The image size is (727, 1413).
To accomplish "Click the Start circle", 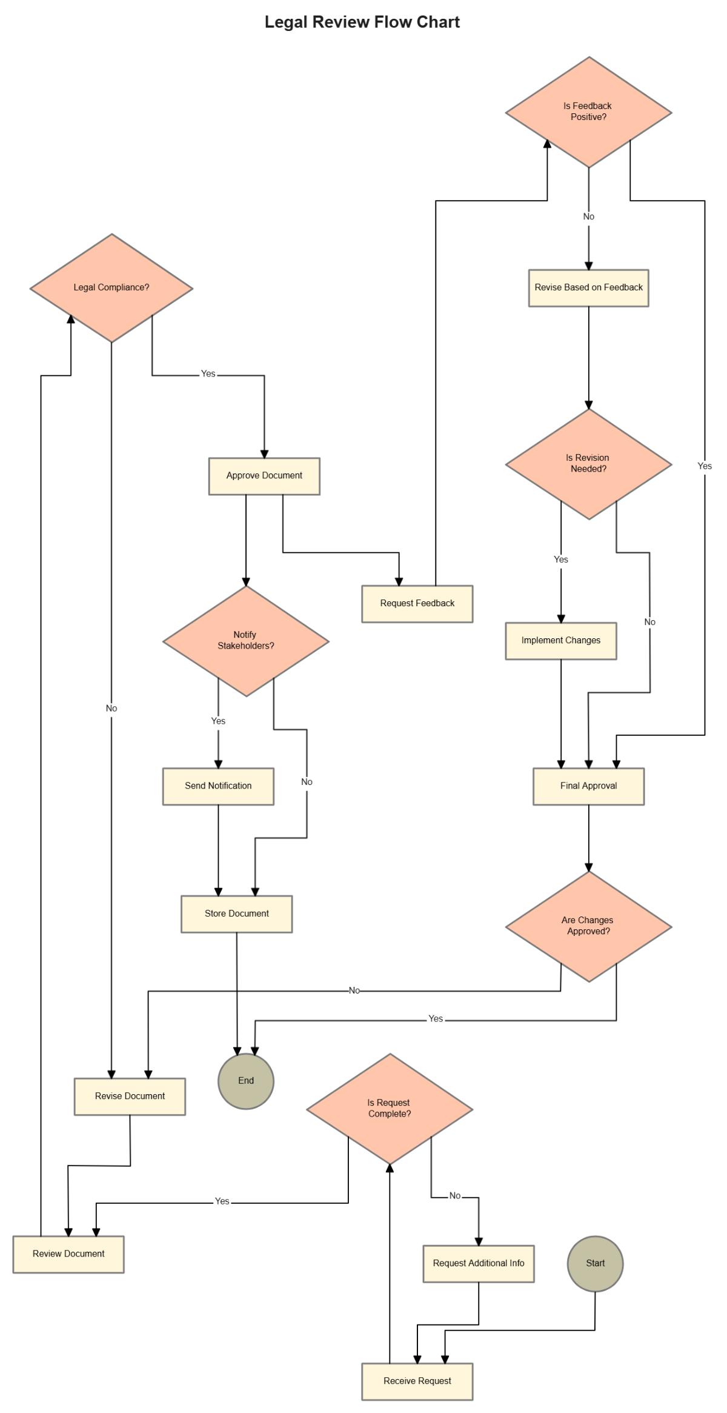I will pos(595,1263).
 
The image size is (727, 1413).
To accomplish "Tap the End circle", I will pos(246,1081).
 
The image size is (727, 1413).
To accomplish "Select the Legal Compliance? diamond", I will pos(111,288).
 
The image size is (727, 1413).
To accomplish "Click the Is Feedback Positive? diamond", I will pos(588,112).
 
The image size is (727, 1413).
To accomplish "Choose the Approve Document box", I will pos(264,476).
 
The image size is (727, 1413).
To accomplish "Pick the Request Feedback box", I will pos(417,604).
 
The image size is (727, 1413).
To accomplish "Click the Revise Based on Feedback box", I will pos(588,288).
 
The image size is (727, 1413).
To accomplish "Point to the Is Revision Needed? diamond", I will pos(588,464).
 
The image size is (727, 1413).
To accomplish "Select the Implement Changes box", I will pos(561,641).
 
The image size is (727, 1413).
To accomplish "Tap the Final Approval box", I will pos(588,786).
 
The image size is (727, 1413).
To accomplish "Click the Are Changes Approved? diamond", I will pos(588,926).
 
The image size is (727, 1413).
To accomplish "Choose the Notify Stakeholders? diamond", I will pos(246,641).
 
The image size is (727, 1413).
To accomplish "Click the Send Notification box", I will pos(218,786).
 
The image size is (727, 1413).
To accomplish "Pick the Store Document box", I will pos(236,914).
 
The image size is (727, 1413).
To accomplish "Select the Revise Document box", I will pos(130,1097).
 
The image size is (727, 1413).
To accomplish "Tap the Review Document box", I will pos(68,1254).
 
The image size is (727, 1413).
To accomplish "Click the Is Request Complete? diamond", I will pos(390,1109).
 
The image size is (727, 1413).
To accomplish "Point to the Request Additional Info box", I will pos(479,1264).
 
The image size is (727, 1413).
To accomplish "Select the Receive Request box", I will pos(417,1381).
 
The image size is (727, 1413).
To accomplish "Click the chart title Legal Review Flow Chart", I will pos(362,22).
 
